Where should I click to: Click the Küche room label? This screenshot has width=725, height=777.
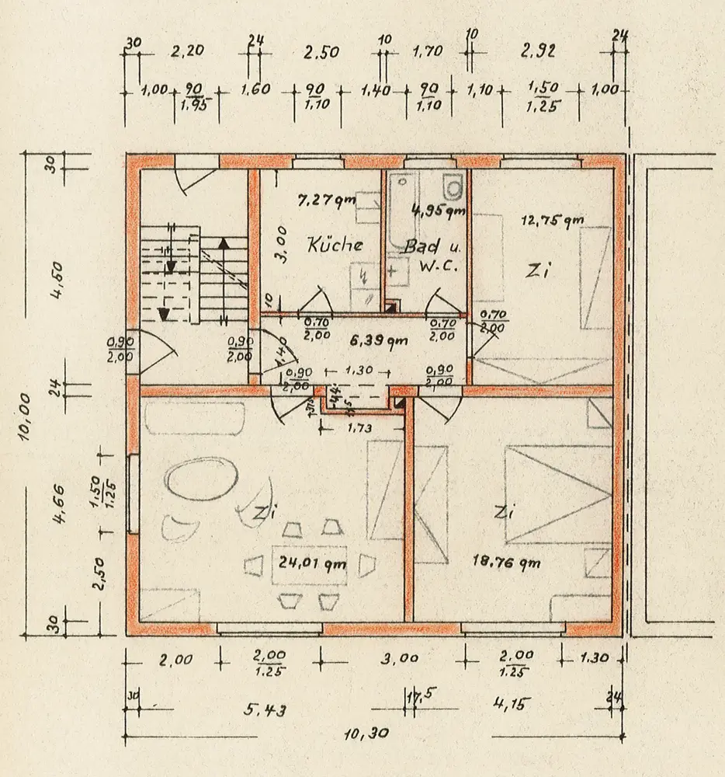[335, 245]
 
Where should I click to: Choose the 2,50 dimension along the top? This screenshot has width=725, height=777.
[321, 53]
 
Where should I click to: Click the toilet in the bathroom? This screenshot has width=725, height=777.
[453, 187]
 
